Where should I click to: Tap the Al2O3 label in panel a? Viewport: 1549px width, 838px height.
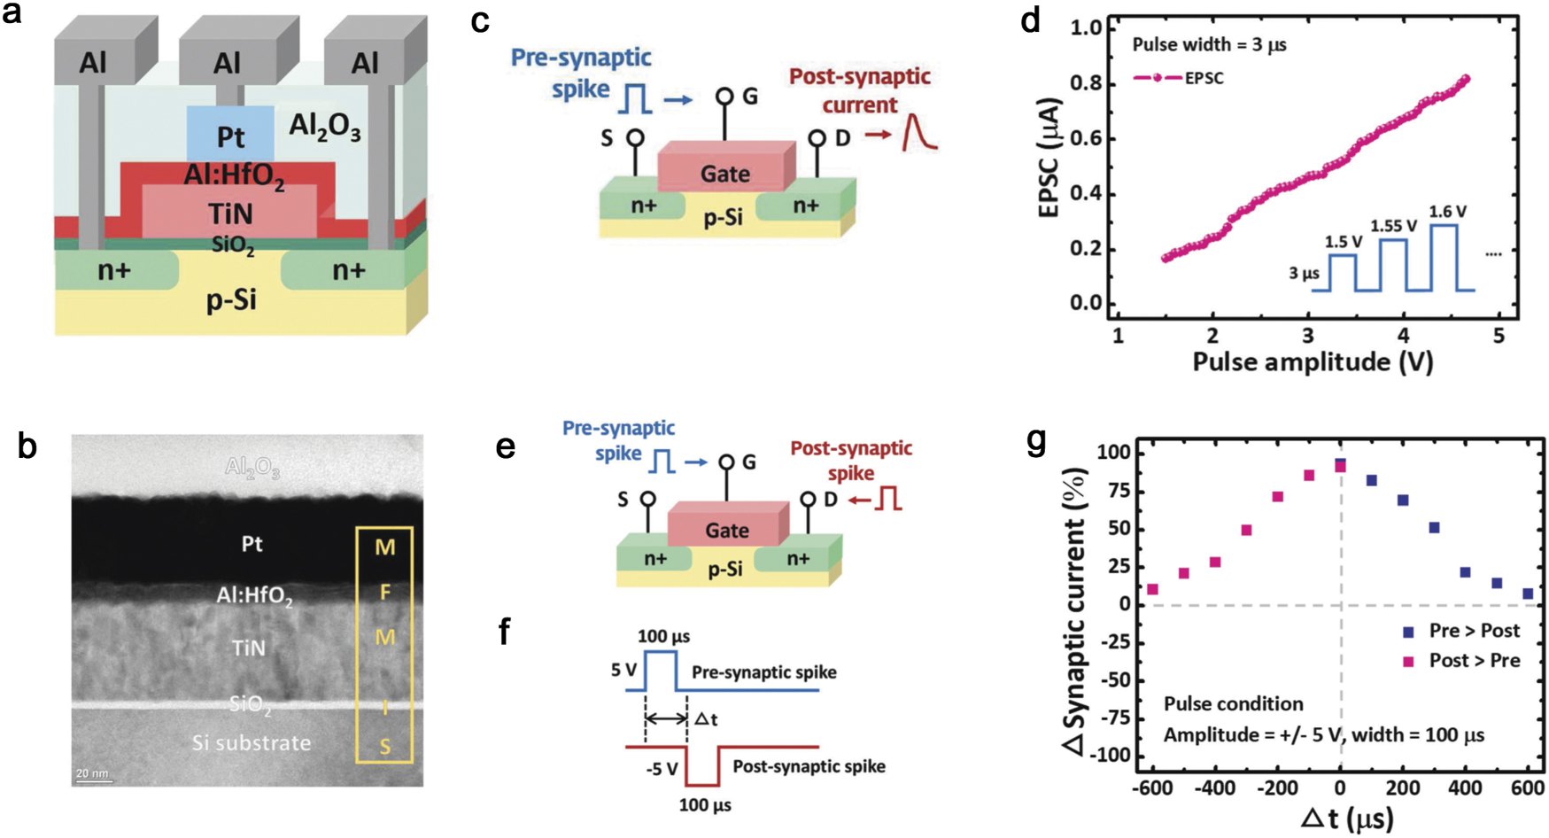tap(324, 128)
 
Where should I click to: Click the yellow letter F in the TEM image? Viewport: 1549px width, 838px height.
tap(384, 592)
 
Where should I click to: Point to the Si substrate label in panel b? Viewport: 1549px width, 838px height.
tap(252, 742)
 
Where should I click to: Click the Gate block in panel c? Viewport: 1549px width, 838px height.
tap(724, 174)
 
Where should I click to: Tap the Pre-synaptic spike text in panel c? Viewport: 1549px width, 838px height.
tap(581, 73)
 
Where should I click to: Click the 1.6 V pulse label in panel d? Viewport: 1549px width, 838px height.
tap(1447, 212)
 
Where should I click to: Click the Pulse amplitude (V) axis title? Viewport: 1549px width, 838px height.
tap(1313, 361)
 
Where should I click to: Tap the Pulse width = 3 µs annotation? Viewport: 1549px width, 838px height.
tap(1209, 44)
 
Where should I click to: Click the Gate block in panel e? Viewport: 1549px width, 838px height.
tap(726, 530)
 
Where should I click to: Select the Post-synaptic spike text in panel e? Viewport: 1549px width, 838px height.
tap(851, 460)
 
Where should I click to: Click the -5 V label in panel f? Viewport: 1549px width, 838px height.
tap(662, 768)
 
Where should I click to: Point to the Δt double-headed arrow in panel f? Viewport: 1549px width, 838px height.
tap(666, 718)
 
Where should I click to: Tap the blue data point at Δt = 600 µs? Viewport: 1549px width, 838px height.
tap(1528, 594)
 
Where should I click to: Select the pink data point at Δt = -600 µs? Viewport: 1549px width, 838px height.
tap(1152, 589)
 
